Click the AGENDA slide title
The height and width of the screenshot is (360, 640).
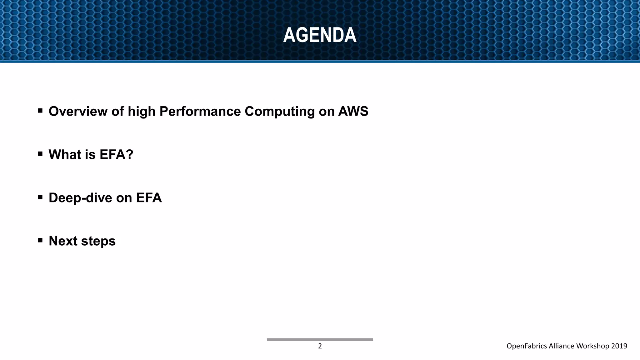320,35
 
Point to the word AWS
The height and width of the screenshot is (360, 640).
353,112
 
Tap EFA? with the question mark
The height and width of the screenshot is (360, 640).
116,154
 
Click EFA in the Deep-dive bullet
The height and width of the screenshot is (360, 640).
149,198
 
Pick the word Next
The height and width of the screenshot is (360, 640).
62,241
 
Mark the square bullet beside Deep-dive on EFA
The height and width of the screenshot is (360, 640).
40,197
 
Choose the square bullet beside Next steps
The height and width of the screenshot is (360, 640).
40,240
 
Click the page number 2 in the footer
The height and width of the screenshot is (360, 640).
320,346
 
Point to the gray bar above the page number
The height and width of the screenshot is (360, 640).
320,339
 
